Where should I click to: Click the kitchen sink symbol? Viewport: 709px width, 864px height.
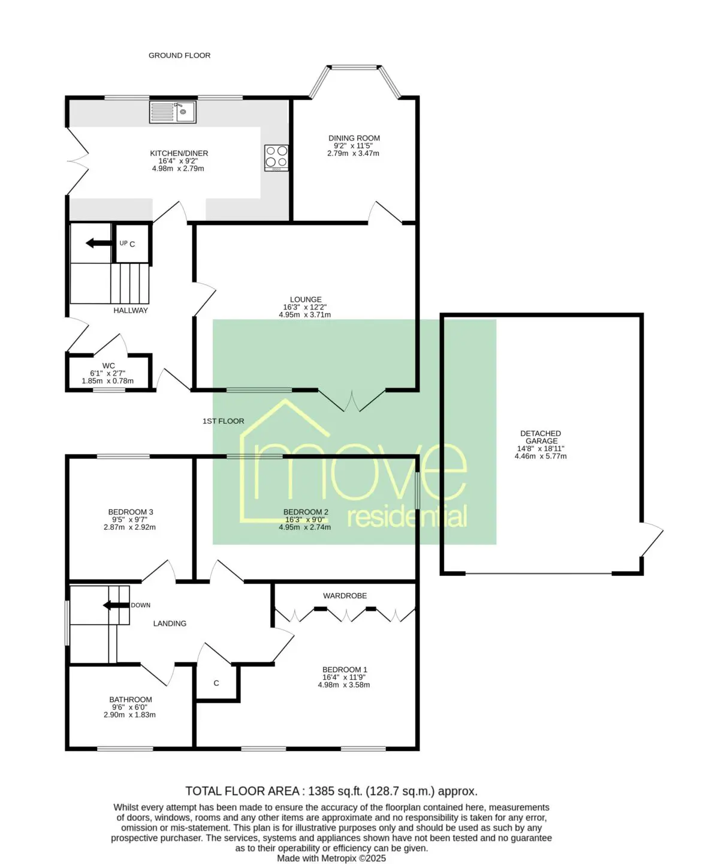pos(173,112)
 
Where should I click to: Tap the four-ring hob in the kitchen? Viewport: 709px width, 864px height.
pos(276,158)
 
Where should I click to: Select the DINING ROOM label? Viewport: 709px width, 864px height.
pos(354,139)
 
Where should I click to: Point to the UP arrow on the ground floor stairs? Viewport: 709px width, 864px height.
pos(98,243)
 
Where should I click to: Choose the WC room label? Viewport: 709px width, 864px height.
pos(108,366)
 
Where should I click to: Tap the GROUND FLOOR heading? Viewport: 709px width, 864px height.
pos(179,55)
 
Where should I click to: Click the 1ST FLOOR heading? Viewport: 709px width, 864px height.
pos(224,421)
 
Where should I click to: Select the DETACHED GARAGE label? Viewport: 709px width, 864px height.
pos(541,437)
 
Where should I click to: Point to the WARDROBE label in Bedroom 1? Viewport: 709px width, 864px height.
pos(345,596)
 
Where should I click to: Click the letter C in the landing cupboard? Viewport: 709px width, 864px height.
pos(216,683)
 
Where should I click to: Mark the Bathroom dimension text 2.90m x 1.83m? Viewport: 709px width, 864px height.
pos(129,715)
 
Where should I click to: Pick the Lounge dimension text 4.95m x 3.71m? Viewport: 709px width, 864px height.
pos(305,314)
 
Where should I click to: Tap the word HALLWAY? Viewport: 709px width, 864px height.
pos(131,311)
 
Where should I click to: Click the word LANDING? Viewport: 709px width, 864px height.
pos(170,623)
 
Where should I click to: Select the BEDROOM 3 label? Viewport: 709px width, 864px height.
pos(131,512)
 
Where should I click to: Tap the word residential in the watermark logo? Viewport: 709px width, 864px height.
pos(407,517)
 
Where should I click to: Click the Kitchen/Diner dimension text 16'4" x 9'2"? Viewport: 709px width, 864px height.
pos(178,161)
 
